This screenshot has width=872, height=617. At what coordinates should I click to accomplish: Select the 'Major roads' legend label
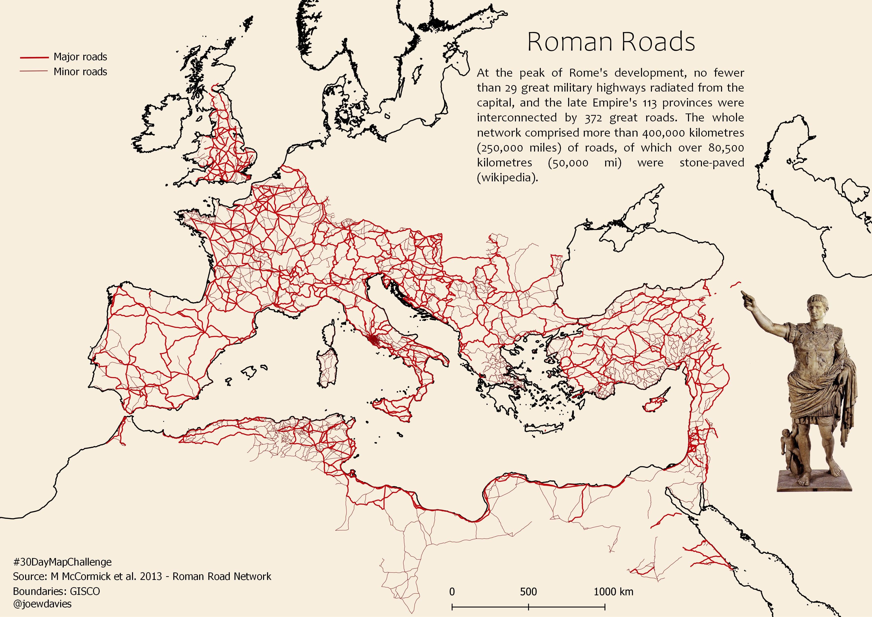pos(80,57)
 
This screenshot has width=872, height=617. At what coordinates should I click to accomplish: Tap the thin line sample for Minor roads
pos(34,71)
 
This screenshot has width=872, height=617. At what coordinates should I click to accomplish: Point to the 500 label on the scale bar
pos(528,592)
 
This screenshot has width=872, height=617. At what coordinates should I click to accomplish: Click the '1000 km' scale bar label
pos(613,592)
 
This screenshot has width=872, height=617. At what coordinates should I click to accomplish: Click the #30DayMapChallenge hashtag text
pos(62,562)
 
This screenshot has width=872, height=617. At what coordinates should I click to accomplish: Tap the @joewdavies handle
pos(42,604)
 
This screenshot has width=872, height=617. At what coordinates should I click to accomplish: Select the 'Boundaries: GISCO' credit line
pos(56,591)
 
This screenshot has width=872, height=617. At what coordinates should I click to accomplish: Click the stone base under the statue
pos(814,481)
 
